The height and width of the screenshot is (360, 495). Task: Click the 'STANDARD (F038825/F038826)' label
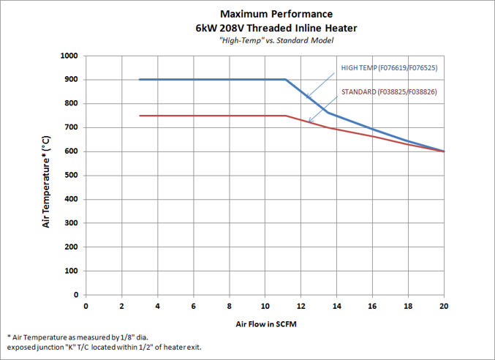pos(388,92)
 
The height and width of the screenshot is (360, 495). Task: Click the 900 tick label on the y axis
pos(71,80)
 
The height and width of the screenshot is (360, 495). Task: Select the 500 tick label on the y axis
pos(71,176)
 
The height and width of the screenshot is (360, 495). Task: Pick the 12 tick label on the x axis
pos(301,306)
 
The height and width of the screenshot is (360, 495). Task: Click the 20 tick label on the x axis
pos(445,306)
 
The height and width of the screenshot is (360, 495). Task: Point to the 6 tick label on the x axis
pos(194,306)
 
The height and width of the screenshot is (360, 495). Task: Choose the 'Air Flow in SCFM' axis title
pos(265,323)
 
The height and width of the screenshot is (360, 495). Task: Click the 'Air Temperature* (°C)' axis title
pos(46,181)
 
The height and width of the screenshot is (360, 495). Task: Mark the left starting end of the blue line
pos(140,79)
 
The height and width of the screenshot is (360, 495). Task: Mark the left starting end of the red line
pos(140,116)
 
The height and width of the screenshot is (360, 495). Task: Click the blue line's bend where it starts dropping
pos(286,79)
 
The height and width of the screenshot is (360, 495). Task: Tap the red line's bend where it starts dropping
pos(286,116)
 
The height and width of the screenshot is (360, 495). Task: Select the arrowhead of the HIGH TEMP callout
pos(307,98)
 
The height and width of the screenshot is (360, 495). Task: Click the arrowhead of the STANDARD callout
pos(309,121)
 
